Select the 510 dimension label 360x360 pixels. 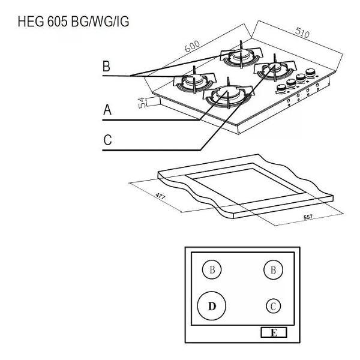tap(302, 34)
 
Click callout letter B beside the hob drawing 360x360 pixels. tap(106, 67)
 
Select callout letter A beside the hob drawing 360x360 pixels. tap(107, 110)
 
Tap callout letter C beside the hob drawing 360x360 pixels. tap(107, 140)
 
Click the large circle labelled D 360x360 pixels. tap(211, 305)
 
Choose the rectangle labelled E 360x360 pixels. tap(274, 332)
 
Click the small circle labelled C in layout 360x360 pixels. tap(273, 306)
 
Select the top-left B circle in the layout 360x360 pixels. tap(211, 270)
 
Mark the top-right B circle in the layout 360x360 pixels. tap(273, 270)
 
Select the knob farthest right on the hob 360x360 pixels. tap(311, 73)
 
